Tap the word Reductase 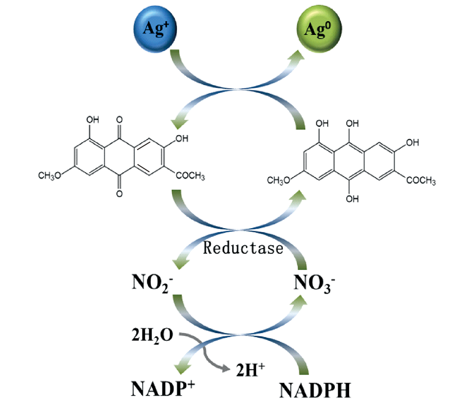(x=243, y=248)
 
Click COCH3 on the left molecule (x=190, y=176)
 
